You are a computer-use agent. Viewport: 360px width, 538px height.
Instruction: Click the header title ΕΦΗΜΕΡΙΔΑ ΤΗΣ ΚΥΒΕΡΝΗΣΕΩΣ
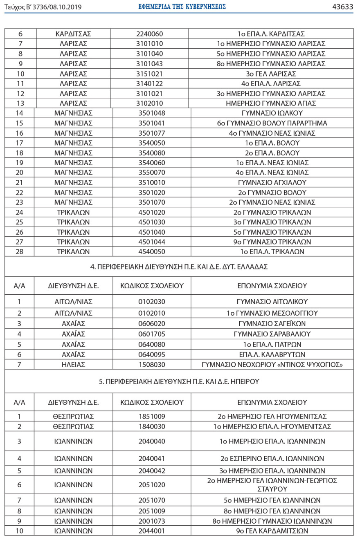(182, 7)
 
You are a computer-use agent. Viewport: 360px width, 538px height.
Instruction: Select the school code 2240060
(149, 34)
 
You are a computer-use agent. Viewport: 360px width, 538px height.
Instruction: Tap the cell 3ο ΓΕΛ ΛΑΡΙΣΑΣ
(271, 74)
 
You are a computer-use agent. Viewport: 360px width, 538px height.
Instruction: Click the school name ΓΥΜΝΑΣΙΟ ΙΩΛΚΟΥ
(272, 113)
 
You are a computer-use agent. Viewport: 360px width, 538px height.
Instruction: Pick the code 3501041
(151, 123)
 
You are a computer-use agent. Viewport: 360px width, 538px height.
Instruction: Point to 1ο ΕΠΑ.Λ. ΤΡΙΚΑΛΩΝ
(272, 252)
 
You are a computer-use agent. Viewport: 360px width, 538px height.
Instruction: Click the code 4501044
(151, 242)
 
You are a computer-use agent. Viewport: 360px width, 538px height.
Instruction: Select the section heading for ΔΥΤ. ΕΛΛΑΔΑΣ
(179, 267)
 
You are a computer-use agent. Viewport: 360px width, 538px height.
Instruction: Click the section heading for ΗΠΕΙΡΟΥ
(179, 382)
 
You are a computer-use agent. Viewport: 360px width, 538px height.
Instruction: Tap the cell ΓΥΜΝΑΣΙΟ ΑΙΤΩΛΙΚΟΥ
(272, 302)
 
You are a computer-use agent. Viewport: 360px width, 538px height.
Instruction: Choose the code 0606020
(151, 323)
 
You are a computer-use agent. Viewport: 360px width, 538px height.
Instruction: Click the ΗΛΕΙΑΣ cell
(73, 364)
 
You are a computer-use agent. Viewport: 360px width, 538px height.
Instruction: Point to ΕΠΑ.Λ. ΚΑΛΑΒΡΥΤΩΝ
(272, 354)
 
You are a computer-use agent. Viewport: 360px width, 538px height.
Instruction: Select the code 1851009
(151, 417)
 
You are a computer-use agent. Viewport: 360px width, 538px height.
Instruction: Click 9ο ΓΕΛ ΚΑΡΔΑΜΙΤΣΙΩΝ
(272, 531)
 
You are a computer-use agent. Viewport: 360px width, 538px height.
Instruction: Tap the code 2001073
(151, 521)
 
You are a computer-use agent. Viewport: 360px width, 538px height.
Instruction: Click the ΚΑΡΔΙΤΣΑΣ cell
(73, 34)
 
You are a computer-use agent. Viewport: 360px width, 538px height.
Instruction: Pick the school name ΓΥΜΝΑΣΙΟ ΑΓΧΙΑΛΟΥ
(272, 182)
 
